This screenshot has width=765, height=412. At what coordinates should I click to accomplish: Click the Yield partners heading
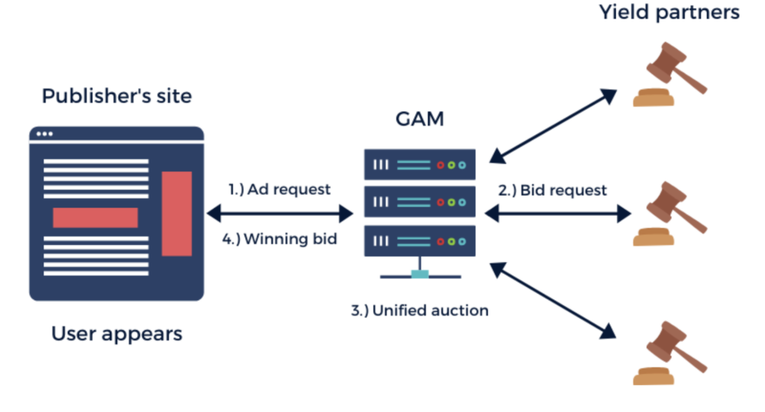click(x=669, y=13)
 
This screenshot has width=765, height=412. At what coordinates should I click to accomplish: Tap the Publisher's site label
click(x=117, y=96)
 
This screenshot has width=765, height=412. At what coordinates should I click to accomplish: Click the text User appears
click(x=117, y=333)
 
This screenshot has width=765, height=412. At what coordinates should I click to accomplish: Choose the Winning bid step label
click(x=280, y=240)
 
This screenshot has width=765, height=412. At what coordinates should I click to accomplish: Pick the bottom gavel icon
click(x=669, y=354)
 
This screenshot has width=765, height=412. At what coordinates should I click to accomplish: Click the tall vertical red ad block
click(x=177, y=213)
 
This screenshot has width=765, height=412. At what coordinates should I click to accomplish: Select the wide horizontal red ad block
click(x=96, y=217)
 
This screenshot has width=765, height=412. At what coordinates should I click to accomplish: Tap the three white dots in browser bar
click(x=45, y=134)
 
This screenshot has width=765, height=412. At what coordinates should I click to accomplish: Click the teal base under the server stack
click(x=419, y=274)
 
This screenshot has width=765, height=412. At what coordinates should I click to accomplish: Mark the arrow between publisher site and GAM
click(x=279, y=215)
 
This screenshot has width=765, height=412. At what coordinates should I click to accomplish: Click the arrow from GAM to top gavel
click(x=553, y=125)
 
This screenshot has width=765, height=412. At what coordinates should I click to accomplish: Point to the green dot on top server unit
click(x=451, y=164)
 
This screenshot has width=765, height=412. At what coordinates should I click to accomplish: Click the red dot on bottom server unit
click(x=441, y=240)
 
